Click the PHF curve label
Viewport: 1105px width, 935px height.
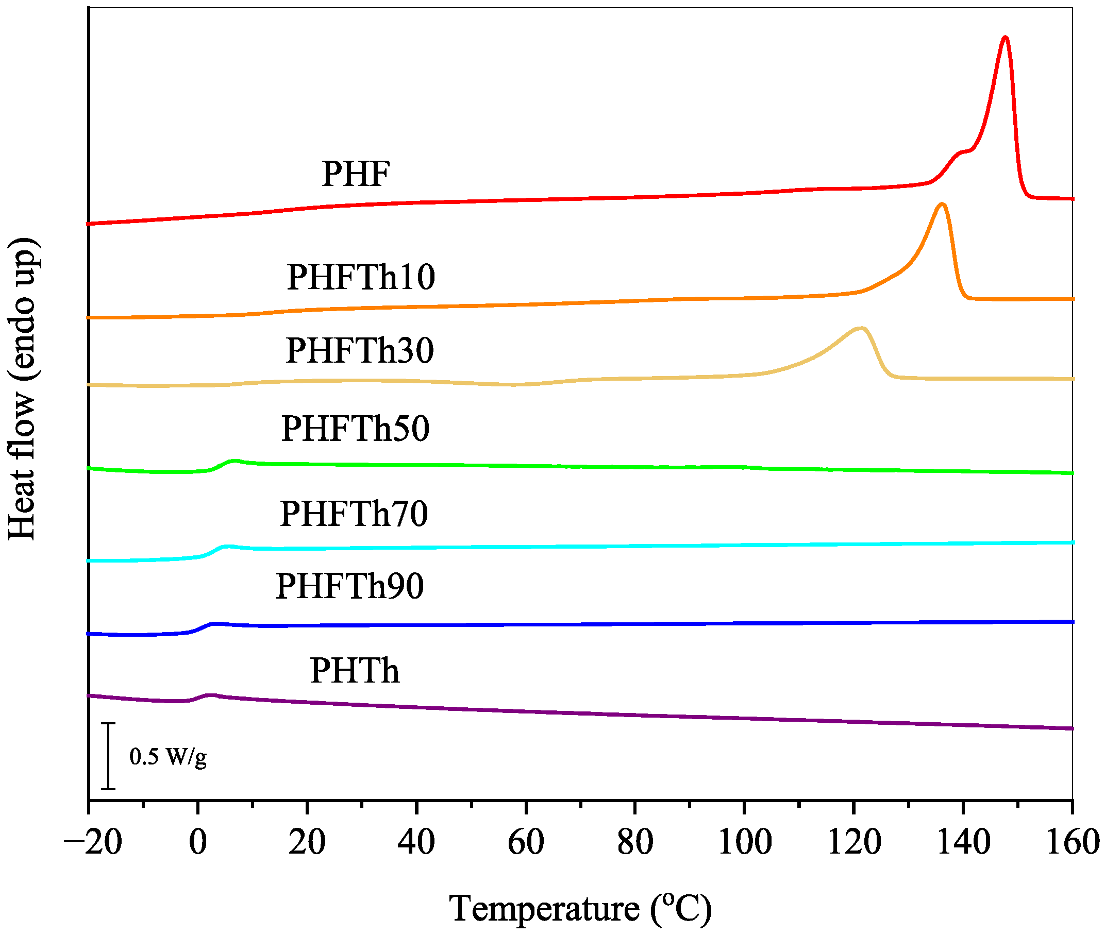[x=356, y=175]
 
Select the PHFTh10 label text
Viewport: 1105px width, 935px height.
[x=361, y=277]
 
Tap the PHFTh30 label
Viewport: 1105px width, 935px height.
[x=360, y=350]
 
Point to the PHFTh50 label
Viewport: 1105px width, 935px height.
[x=355, y=429]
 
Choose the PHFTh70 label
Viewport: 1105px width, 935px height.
[x=354, y=514]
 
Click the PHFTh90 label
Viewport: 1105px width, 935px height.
[x=349, y=586]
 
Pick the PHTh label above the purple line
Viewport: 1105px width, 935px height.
[x=354, y=671]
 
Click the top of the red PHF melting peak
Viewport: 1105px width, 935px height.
[x=1004, y=38]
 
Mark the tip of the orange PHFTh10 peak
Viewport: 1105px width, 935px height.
[x=942, y=205]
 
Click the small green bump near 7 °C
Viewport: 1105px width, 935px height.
[x=235, y=461]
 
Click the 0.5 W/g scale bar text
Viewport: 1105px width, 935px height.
[x=168, y=756]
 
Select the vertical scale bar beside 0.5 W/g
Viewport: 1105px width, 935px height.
[x=108, y=756]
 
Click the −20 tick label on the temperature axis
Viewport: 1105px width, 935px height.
[x=93, y=842]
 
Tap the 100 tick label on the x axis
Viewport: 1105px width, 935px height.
[x=744, y=842]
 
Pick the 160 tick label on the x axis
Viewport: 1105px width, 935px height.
[x=1071, y=842]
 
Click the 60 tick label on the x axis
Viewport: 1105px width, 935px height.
[x=526, y=842]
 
